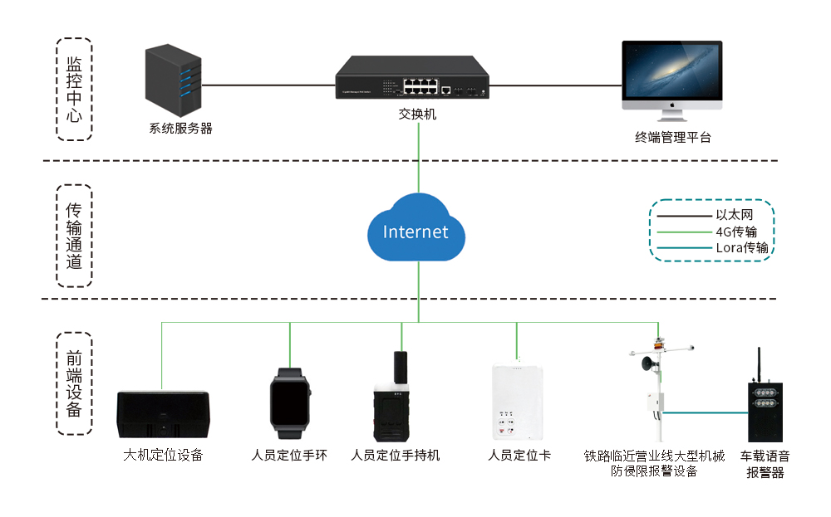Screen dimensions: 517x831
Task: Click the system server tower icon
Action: (174, 81)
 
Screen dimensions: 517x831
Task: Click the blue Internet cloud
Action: (415, 229)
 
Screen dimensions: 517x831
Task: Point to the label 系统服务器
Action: (180, 129)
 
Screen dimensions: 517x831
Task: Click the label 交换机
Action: (417, 115)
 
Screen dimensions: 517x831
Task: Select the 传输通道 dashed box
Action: (74, 236)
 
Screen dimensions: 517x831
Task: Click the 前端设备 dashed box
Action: (74, 384)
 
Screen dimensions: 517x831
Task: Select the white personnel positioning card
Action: (517, 402)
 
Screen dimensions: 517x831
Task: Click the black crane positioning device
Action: (164, 414)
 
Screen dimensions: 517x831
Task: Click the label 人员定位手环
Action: (289, 455)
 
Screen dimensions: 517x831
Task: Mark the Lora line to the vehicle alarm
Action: (706, 411)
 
